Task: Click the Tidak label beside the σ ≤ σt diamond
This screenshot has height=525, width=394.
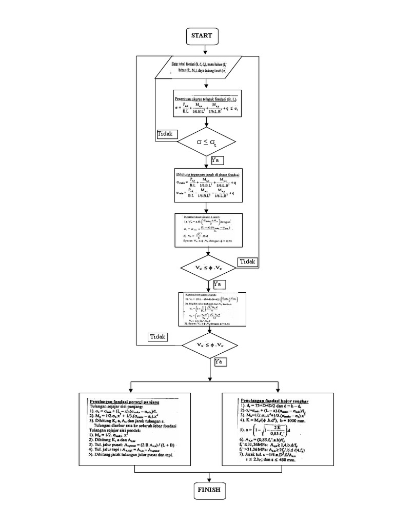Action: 167,134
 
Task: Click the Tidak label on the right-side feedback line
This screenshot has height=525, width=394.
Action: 248,262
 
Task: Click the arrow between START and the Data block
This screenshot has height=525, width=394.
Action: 205,50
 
